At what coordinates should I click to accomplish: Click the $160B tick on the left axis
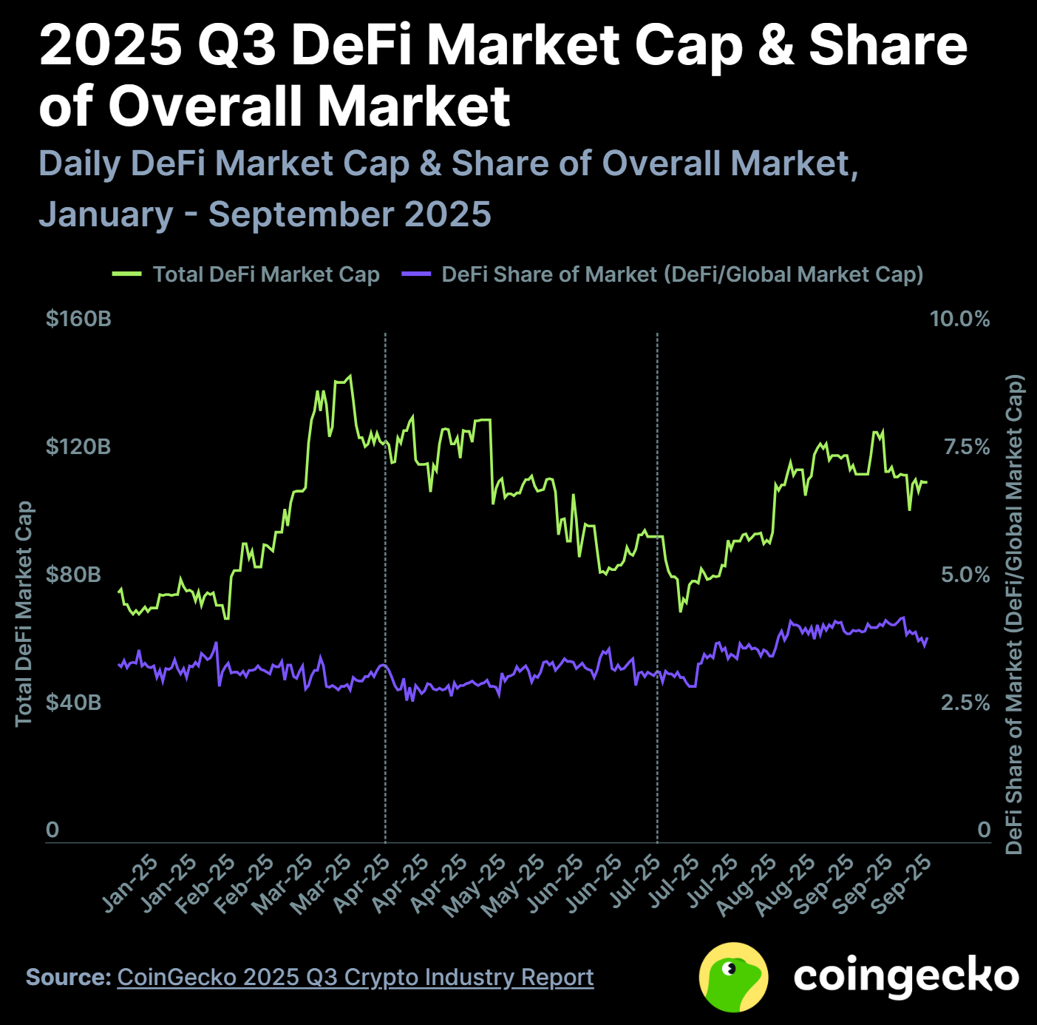tap(78, 319)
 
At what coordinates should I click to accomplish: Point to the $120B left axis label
tap(78, 447)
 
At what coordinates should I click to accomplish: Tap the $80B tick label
tap(73, 575)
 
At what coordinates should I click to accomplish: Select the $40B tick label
tap(73, 702)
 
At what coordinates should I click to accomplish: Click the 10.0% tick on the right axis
tap(959, 319)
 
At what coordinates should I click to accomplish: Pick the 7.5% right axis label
tap(966, 447)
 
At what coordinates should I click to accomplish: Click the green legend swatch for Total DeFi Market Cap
tap(126, 274)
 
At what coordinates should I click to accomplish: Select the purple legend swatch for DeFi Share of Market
tap(415, 274)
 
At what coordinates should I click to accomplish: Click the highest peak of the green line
tap(350, 376)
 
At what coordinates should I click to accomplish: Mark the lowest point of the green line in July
tap(681, 611)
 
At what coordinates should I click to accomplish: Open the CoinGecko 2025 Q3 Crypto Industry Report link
tap(355, 977)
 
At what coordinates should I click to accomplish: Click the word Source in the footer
tap(67, 977)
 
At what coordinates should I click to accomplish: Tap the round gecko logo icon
tap(733, 977)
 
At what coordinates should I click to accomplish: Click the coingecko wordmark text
tap(906, 976)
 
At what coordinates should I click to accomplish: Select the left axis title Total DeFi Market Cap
tap(24, 614)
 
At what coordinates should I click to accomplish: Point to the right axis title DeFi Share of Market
tap(1014, 614)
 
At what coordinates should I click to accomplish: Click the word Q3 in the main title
tap(237, 44)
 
